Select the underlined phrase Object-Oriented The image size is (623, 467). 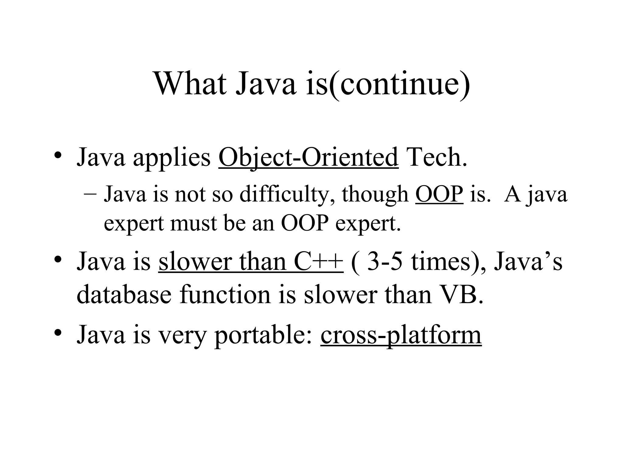pos(308,157)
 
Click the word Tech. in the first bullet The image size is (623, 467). pos(437,157)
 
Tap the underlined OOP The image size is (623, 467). pos(439,194)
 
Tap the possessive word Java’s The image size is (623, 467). pos(528,262)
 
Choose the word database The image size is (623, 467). pos(124,295)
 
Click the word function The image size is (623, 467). pos(225,295)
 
